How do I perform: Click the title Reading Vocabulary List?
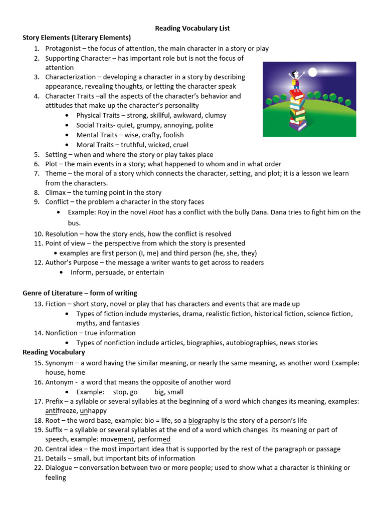(x=192, y=29)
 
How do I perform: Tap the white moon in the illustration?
(x=313, y=73)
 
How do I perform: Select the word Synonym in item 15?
(x=60, y=363)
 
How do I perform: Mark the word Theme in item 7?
(x=56, y=173)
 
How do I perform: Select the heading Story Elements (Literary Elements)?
(x=77, y=38)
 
